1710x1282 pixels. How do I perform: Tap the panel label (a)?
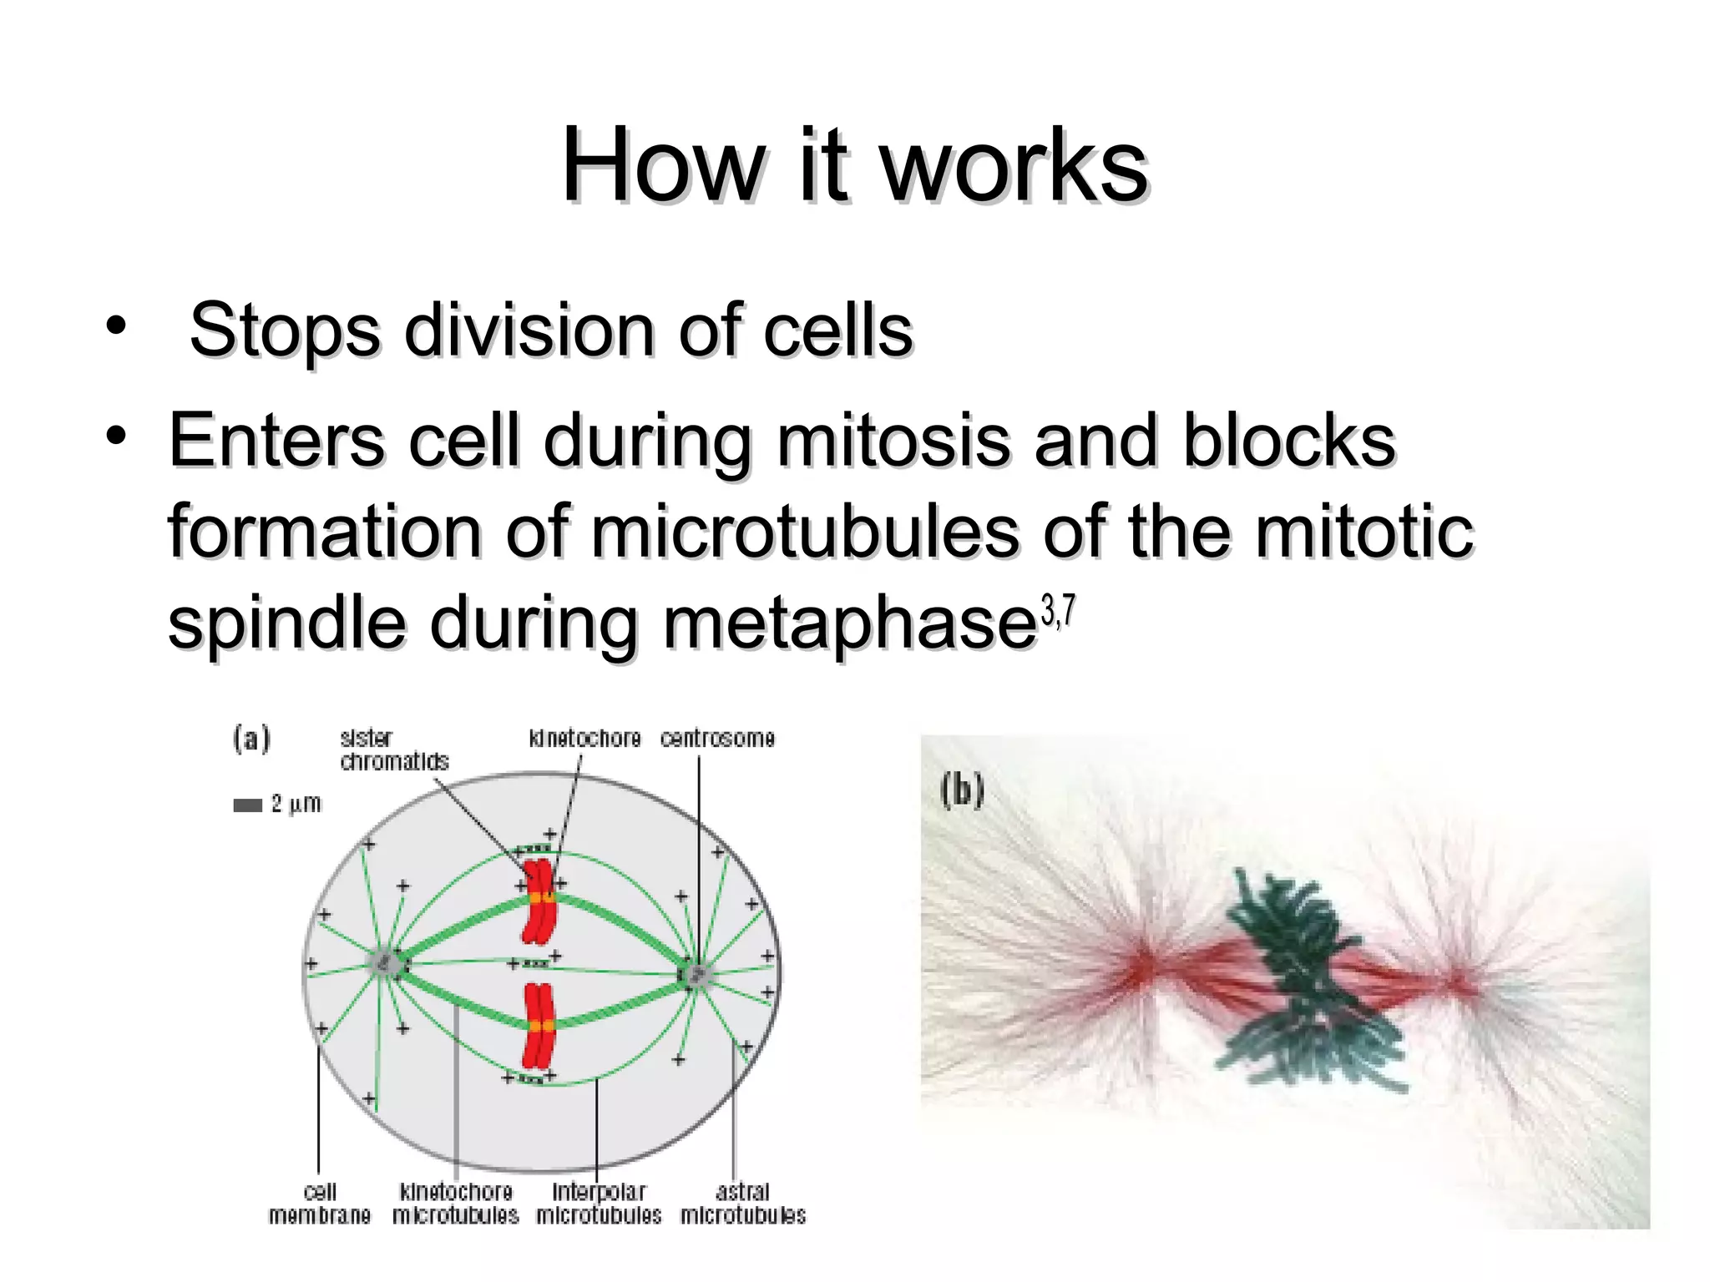click(251, 739)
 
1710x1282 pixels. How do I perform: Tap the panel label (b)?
click(962, 790)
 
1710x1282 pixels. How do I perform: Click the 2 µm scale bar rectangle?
click(247, 805)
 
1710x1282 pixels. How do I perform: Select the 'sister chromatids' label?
click(393, 750)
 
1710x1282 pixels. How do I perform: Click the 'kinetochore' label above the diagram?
click(584, 739)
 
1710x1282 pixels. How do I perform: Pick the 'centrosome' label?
click(717, 739)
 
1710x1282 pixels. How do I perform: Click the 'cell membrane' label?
click(319, 1204)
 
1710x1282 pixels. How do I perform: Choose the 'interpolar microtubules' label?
click(599, 1204)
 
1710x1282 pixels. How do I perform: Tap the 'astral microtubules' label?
click(742, 1204)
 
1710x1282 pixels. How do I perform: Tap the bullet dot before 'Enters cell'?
click(116, 435)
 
